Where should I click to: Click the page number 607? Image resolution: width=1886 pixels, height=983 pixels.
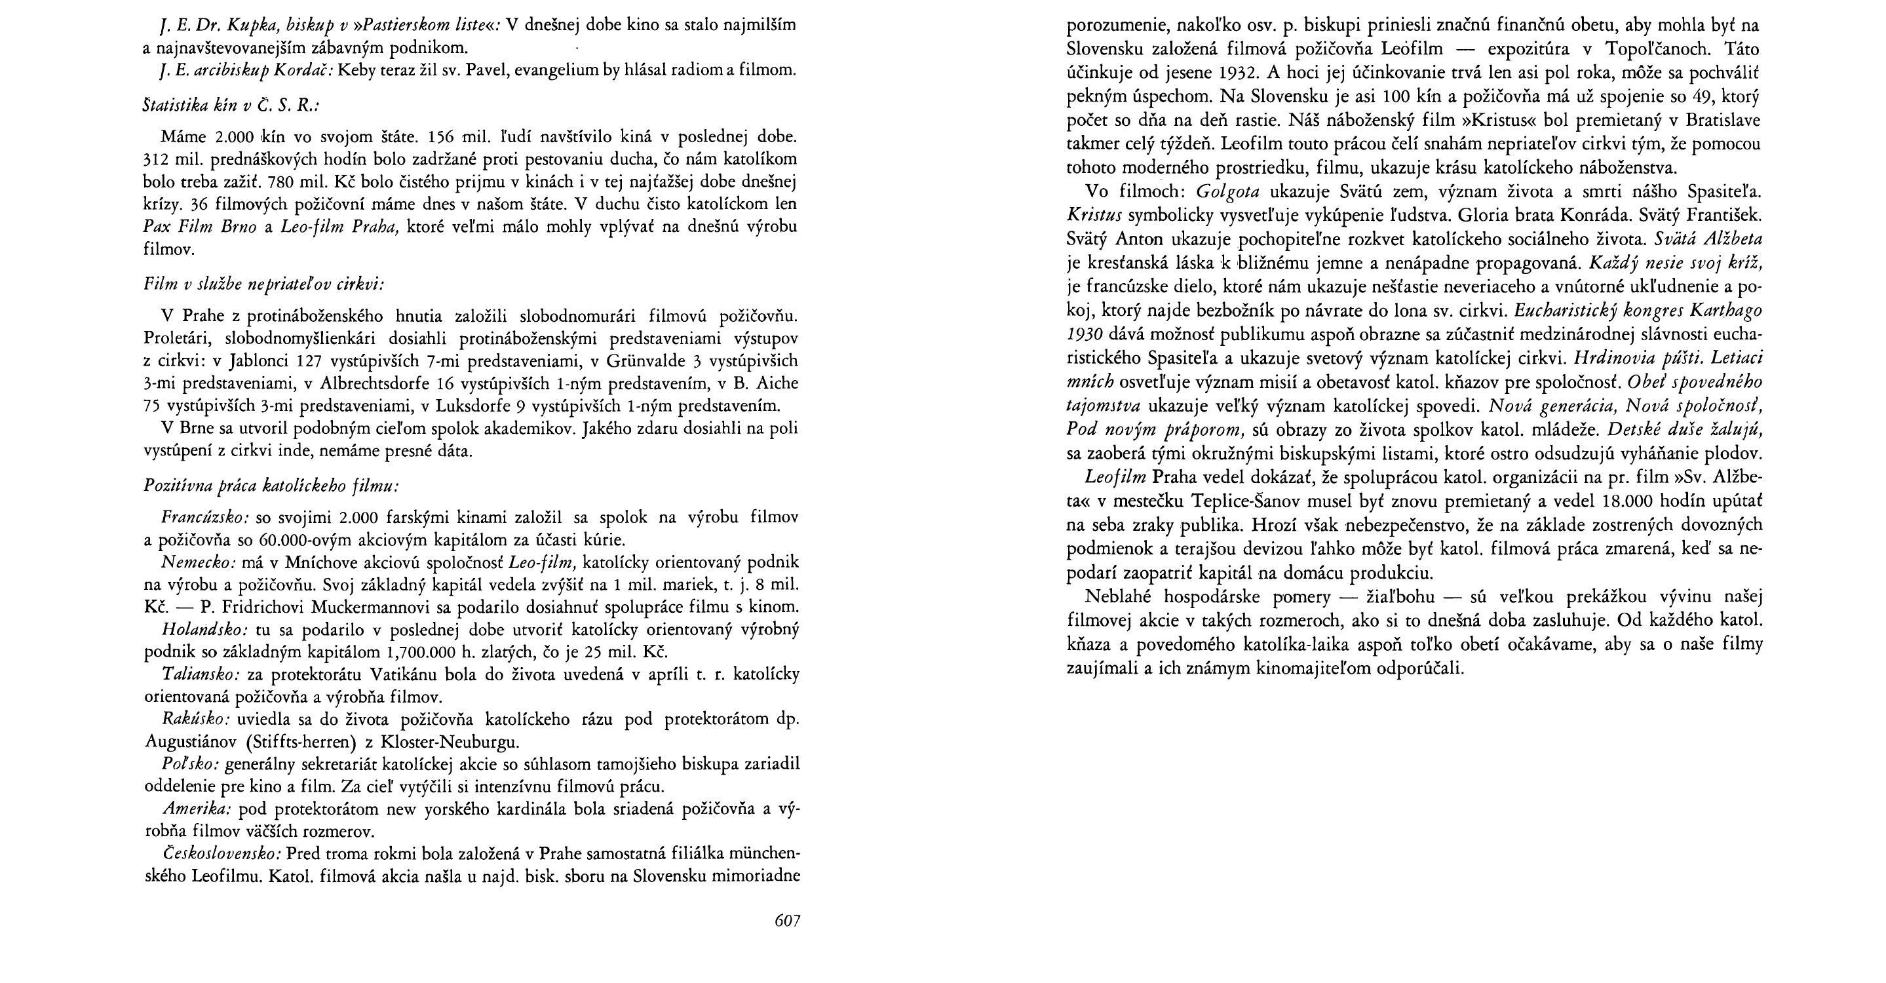pos(787,921)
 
